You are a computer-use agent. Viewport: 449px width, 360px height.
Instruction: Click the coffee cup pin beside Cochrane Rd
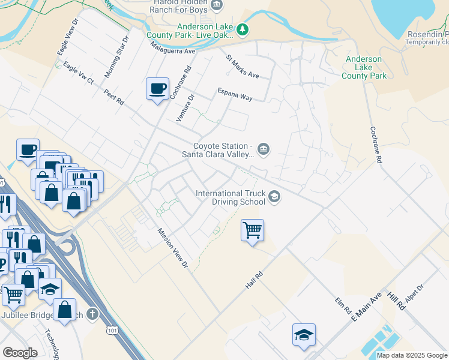(x=157, y=89)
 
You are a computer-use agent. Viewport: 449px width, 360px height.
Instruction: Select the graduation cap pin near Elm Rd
(x=304, y=335)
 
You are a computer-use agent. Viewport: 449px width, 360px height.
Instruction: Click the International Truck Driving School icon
(x=274, y=197)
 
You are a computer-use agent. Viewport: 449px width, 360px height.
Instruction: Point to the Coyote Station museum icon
(x=263, y=149)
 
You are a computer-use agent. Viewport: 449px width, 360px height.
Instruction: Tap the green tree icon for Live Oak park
(x=242, y=29)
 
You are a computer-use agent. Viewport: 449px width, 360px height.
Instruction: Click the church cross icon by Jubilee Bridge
(x=92, y=314)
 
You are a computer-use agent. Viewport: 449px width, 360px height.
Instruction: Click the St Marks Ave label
(x=242, y=67)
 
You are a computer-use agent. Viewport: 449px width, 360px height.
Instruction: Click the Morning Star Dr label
(x=116, y=57)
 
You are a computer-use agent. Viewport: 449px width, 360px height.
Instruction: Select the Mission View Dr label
(x=173, y=248)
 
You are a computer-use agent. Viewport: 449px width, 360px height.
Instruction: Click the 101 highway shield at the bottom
(x=112, y=330)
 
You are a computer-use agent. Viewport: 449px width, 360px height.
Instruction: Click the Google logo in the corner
(x=20, y=353)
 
